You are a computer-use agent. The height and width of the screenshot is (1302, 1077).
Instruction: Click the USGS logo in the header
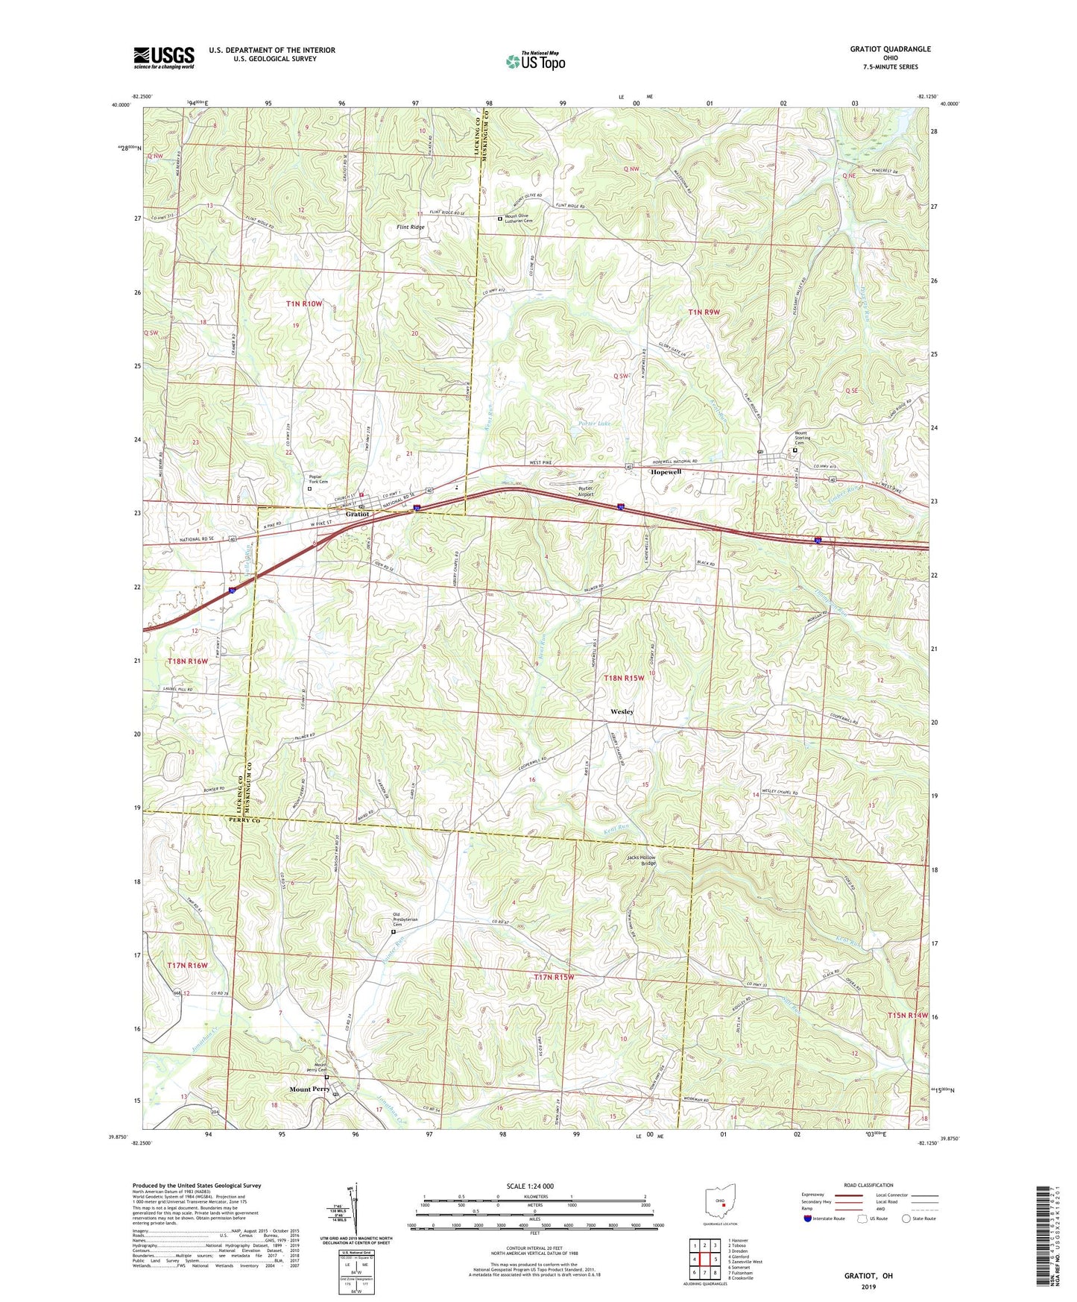164,57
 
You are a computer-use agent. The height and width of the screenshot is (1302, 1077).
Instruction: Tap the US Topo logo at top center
535,61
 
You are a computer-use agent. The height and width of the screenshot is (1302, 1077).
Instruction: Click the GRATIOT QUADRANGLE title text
890,49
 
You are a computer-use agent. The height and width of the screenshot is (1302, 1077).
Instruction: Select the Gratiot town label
358,514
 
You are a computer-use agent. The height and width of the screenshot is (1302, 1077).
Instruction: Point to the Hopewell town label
666,472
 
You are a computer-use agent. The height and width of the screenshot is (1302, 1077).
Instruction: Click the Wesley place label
622,711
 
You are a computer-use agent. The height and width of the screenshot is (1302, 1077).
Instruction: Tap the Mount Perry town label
309,1089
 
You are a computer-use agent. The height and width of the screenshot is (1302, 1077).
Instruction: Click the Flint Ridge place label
411,227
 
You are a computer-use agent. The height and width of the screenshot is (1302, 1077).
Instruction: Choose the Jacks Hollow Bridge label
641,860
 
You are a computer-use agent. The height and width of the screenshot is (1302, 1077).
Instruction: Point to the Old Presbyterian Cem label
405,922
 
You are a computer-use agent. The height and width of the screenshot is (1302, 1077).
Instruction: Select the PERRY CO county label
239,820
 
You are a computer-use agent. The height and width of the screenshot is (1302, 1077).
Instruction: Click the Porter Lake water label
595,424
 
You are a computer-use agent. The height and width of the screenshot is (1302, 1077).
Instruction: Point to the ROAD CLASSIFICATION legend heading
869,1185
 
